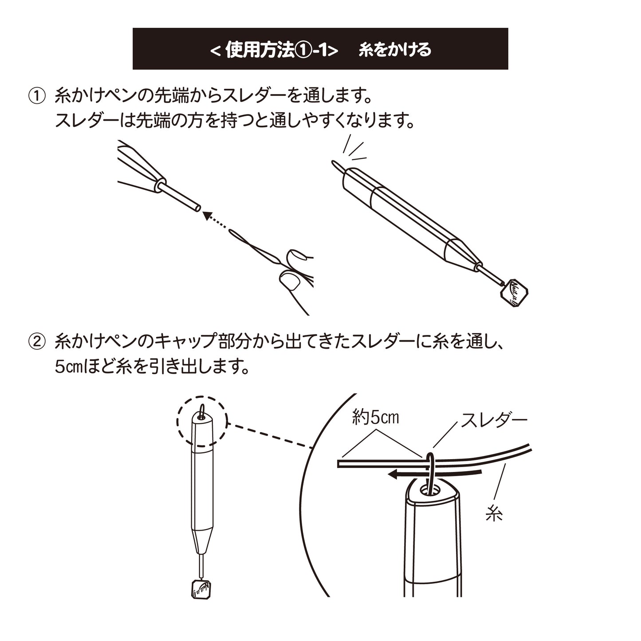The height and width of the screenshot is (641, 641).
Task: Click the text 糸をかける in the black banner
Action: tap(395, 50)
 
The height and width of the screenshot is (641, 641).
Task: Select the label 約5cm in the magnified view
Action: tap(375, 418)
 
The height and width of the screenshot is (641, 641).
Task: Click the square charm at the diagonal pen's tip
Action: tap(514, 293)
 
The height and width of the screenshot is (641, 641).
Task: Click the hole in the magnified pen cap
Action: tap(430, 490)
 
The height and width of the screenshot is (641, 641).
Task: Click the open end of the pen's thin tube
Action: tap(197, 208)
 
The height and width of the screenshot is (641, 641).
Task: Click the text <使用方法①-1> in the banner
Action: tap(275, 50)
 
